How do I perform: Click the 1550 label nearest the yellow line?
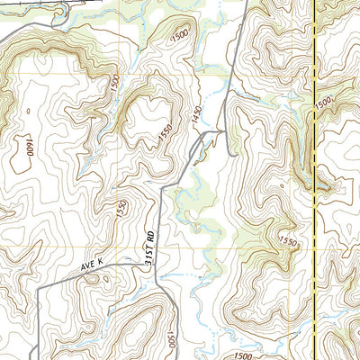coord(288,241)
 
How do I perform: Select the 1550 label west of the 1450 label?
coord(165,133)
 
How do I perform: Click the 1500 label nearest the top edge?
coord(179,33)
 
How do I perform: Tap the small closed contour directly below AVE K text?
coord(94,281)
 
